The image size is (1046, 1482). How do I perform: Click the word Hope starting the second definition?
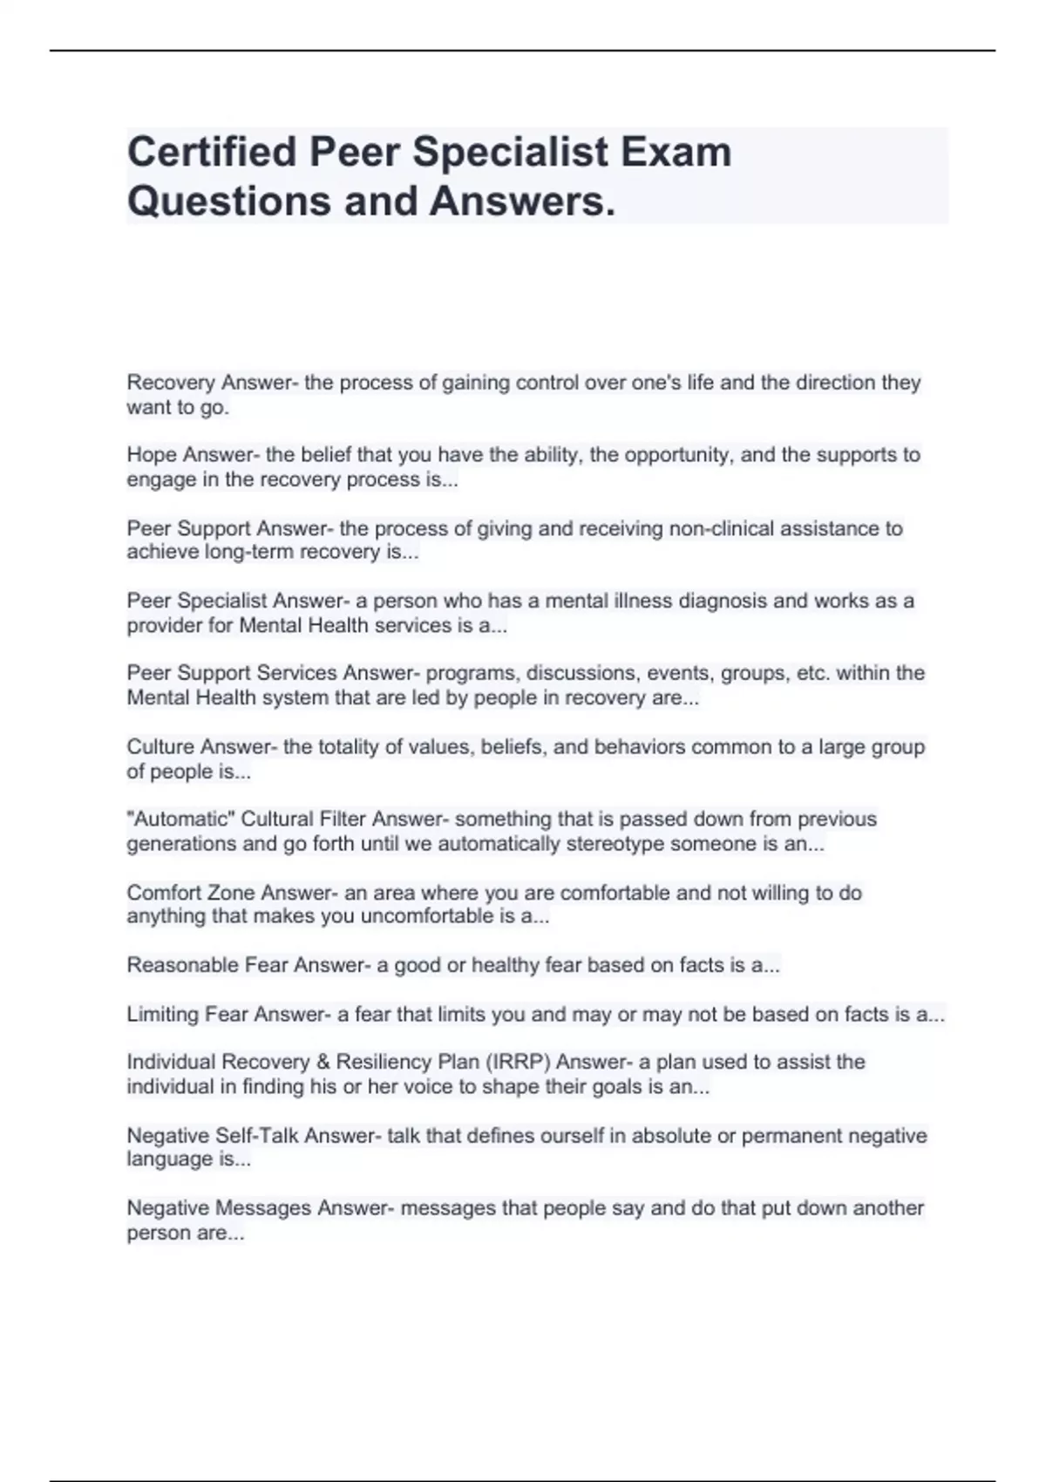[x=151, y=455]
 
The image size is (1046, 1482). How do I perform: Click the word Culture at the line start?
[x=160, y=747]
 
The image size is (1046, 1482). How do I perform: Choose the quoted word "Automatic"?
[x=180, y=819]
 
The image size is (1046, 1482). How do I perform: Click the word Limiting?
[x=163, y=1015]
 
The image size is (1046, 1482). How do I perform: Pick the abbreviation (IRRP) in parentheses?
[x=518, y=1062]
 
